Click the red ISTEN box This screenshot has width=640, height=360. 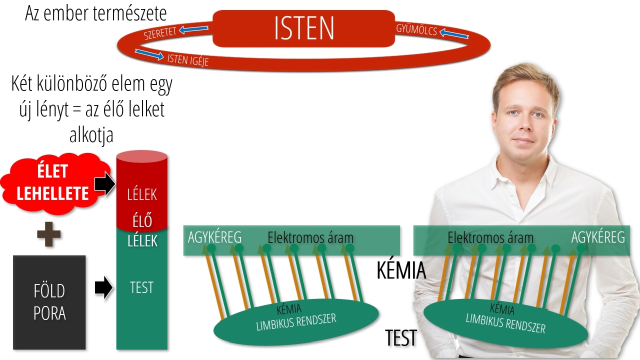303,28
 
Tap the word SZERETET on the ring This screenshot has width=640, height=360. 160,33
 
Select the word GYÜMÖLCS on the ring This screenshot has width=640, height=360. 416,29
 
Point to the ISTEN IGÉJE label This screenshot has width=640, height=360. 187,60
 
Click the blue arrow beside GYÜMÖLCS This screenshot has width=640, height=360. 454,34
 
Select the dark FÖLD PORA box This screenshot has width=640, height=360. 49,302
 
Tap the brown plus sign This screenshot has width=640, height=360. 49,235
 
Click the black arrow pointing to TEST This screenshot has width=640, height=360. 103,288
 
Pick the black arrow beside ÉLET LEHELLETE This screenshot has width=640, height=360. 104,184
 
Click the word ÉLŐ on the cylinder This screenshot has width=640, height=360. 142,220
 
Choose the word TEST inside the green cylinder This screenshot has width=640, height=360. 141,287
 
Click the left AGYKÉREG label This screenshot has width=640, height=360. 214,237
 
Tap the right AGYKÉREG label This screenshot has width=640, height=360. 598,237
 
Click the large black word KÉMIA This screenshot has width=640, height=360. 401,271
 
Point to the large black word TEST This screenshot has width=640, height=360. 401,338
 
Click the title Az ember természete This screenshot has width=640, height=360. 96,13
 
